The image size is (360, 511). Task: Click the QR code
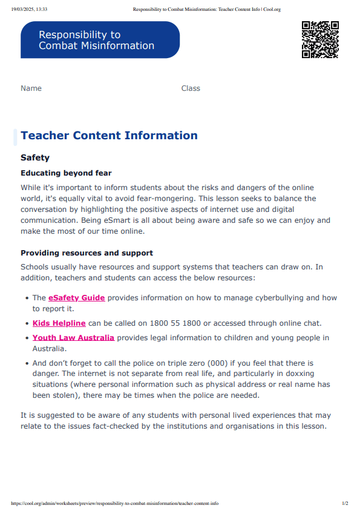pyautogui.click(x=320, y=40)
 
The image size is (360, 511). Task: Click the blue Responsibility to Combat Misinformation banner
pyautogui.click(x=100, y=40)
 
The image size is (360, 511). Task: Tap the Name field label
pyautogui.click(x=31, y=88)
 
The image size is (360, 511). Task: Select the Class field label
pyautogui.click(x=191, y=88)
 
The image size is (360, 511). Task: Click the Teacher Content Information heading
pyautogui.click(x=109, y=136)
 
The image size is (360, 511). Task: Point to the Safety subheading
pyautogui.click(x=35, y=157)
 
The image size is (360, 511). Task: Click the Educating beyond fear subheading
pyautogui.click(x=66, y=173)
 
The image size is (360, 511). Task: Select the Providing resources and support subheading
pyautogui.click(x=87, y=253)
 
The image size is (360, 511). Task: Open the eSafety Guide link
pyautogui.click(x=77, y=297)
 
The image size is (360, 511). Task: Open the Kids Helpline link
pyautogui.click(x=59, y=323)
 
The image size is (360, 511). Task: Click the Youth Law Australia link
pyautogui.click(x=73, y=337)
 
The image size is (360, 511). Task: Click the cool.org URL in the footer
pyautogui.click(x=115, y=503)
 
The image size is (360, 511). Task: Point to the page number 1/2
pyautogui.click(x=345, y=503)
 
